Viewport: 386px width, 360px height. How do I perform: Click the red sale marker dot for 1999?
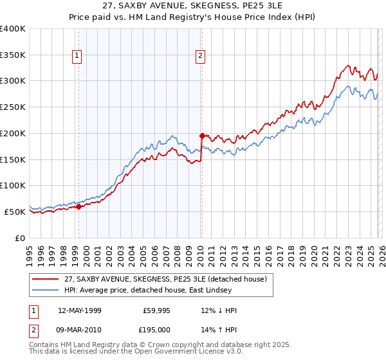[x=78, y=206]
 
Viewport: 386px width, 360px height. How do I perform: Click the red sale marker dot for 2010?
[x=202, y=136]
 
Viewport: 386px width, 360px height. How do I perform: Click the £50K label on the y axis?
[x=15, y=212]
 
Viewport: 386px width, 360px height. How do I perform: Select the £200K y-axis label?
[x=13, y=133]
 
